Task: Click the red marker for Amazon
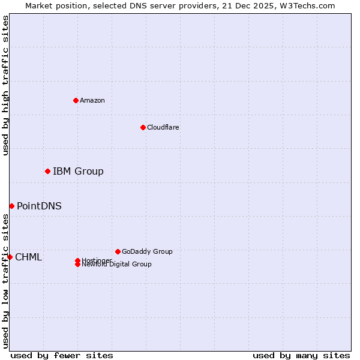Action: click(76, 100)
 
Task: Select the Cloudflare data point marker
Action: click(143, 127)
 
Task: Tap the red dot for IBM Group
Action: click(47, 172)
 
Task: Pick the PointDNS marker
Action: click(11, 206)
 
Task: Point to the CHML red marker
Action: click(10, 257)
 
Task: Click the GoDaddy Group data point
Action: click(118, 251)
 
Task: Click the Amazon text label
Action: click(92, 100)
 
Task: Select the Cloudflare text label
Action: click(163, 127)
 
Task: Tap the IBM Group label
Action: click(78, 172)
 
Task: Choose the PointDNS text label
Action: click(39, 206)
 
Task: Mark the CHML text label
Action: click(28, 257)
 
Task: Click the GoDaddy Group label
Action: click(147, 251)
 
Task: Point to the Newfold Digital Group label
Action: click(117, 265)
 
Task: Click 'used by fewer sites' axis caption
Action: click(62, 355)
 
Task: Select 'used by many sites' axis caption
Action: click(301, 355)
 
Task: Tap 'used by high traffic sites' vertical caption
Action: click(5, 85)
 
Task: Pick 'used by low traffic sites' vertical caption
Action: click(5, 281)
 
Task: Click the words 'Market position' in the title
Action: click(50, 6)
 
